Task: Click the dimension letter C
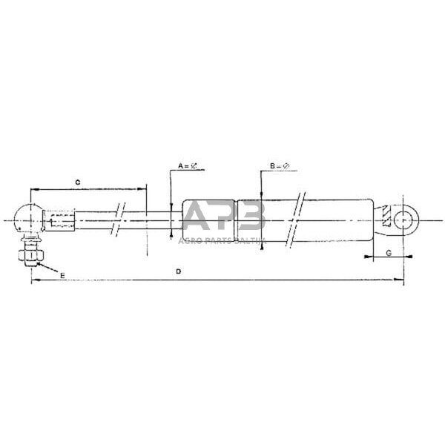click(77, 180)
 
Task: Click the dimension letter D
click(178, 272)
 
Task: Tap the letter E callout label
click(62, 275)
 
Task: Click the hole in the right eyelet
click(404, 220)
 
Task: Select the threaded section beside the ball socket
click(61, 220)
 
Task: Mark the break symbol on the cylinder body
click(298, 220)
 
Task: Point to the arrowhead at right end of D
click(400, 281)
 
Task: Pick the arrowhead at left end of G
click(366, 258)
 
